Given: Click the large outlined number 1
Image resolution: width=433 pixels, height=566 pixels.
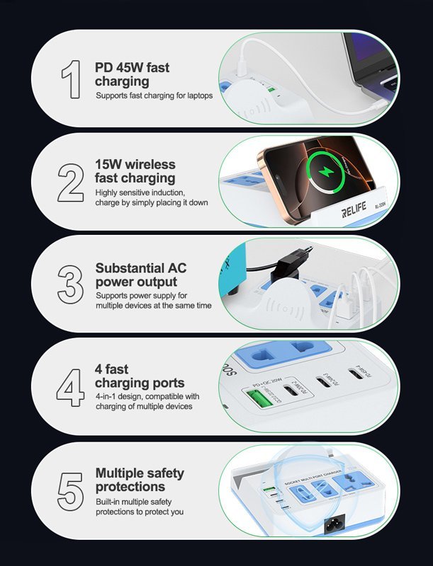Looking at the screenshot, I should pos(71,79).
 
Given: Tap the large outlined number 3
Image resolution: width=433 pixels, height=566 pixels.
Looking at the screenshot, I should pos(70,284).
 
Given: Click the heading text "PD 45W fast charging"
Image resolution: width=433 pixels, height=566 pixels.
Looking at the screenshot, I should pos(132,74).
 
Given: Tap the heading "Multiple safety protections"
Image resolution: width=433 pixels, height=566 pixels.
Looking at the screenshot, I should pos(139,480).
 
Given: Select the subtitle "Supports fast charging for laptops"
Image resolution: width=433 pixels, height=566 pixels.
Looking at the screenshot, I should pos(154,96).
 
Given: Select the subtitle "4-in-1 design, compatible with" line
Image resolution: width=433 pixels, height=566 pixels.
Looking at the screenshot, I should pos(147,396).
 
